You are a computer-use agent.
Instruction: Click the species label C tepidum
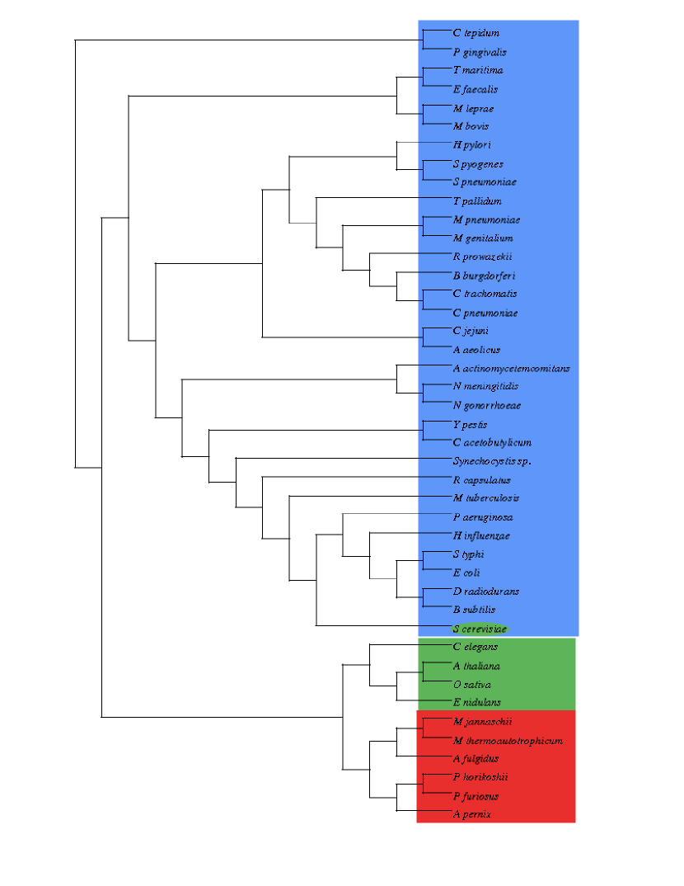tap(476, 33)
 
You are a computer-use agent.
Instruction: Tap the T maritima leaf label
tap(478, 70)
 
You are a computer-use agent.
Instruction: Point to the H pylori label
tap(472, 144)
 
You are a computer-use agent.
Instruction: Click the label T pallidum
tap(477, 200)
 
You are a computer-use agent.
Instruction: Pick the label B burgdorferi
tap(484, 275)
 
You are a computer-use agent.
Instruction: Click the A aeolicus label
tap(476, 350)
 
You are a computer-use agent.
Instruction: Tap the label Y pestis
tap(470, 424)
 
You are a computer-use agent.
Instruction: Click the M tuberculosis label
tap(486, 497)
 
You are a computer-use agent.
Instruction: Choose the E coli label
tap(466, 573)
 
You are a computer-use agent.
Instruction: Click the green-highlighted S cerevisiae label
tap(480, 629)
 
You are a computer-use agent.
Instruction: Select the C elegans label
tap(476, 647)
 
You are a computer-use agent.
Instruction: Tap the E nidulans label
tap(477, 702)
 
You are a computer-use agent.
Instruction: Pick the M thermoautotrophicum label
tap(508, 740)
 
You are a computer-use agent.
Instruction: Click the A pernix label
tap(472, 814)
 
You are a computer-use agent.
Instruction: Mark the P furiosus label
tap(476, 796)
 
